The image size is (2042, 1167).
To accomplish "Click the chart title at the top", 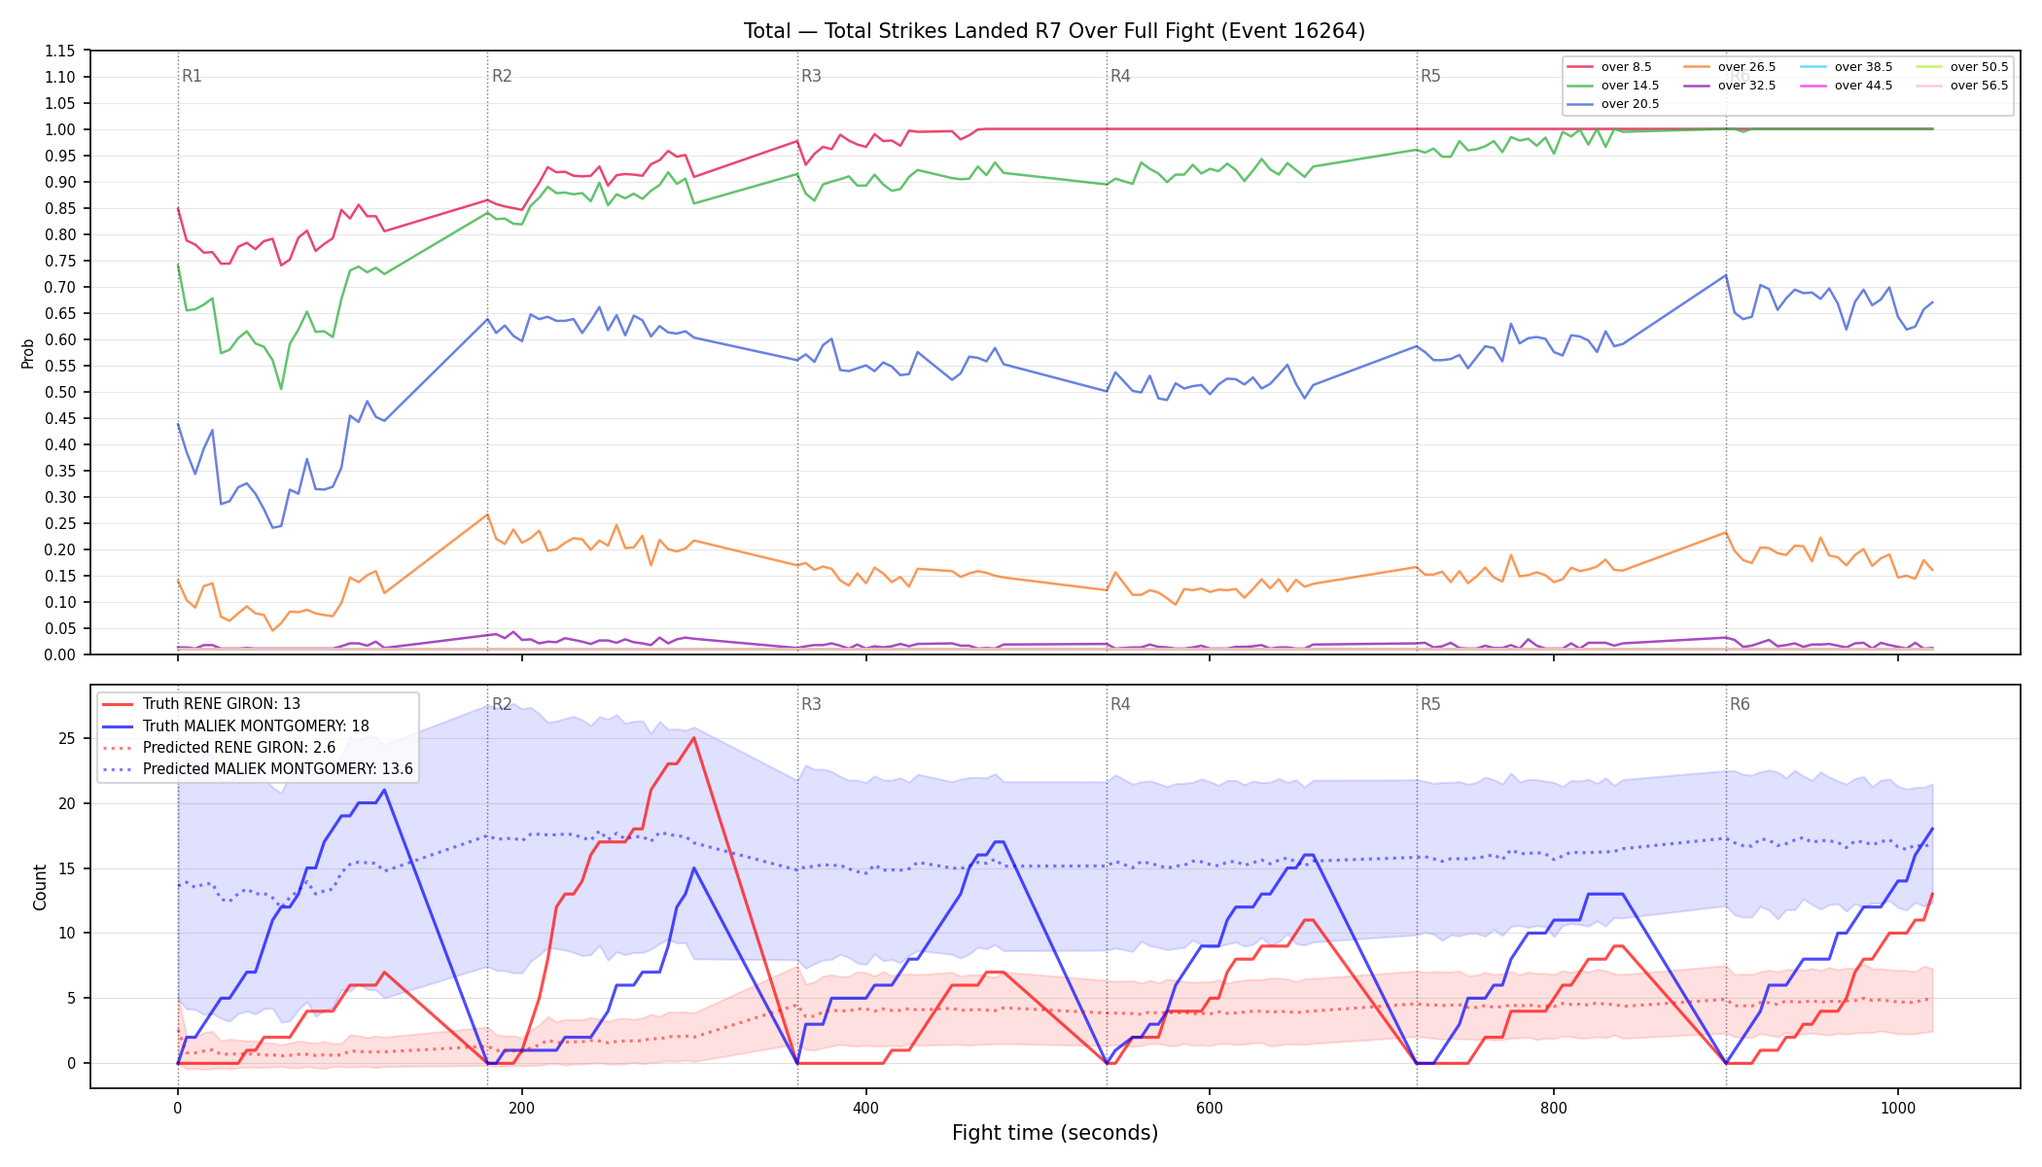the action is pyautogui.click(x=1054, y=31).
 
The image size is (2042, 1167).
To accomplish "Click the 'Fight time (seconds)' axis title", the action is pyautogui.click(x=1055, y=1133).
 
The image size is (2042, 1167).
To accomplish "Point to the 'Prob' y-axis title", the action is pyautogui.click(x=27, y=353).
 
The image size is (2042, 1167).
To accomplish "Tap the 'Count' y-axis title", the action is pyautogui.click(x=40, y=887).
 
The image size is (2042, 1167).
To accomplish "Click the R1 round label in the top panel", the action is pyautogui.click(x=192, y=76).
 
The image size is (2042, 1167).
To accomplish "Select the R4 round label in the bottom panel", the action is pyautogui.click(x=1120, y=704).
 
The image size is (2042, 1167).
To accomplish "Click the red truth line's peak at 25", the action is pyautogui.click(x=693, y=738).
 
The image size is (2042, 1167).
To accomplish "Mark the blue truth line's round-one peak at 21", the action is pyautogui.click(x=384, y=790).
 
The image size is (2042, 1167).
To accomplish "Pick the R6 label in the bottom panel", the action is pyautogui.click(x=1740, y=704).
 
